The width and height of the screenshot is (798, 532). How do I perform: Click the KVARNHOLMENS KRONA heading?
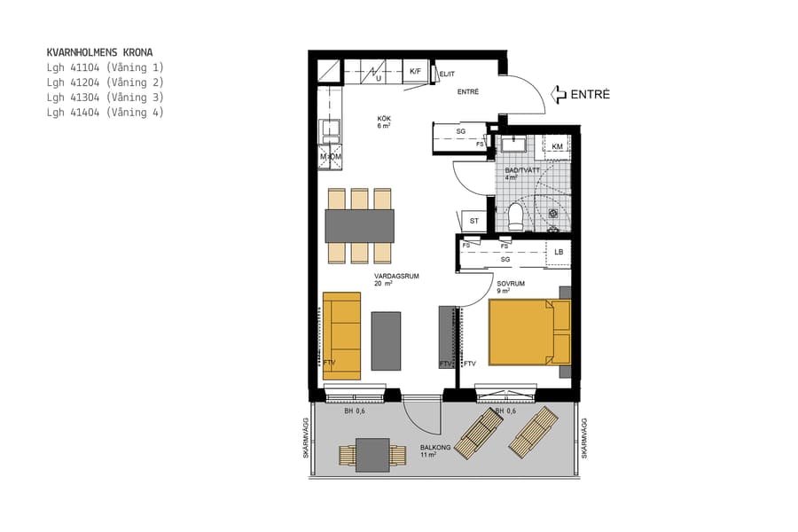point(99,52)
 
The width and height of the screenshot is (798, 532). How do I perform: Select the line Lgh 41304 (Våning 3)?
point(105,98)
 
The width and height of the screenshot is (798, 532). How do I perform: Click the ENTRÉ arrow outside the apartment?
point(559,94)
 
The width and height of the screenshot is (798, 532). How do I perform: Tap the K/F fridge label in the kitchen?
point(415,72)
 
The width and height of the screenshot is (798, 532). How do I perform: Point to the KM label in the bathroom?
point(557,146)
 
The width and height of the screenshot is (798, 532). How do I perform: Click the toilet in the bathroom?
point(516,214)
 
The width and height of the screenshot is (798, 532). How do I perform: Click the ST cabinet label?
point(473,221)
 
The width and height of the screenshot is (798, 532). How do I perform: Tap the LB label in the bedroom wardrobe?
point(559,253)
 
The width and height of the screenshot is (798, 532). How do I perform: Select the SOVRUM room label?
point(511,285)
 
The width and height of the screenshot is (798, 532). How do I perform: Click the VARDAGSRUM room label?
point(396,277)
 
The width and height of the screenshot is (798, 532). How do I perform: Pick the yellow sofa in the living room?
point(341,335)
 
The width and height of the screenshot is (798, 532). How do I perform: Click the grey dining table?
point(359,225)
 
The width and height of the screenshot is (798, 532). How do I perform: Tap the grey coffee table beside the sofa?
point(386,340)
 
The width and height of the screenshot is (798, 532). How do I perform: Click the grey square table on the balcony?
point(372,456)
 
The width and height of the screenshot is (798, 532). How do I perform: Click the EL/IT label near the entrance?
point(447,74)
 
